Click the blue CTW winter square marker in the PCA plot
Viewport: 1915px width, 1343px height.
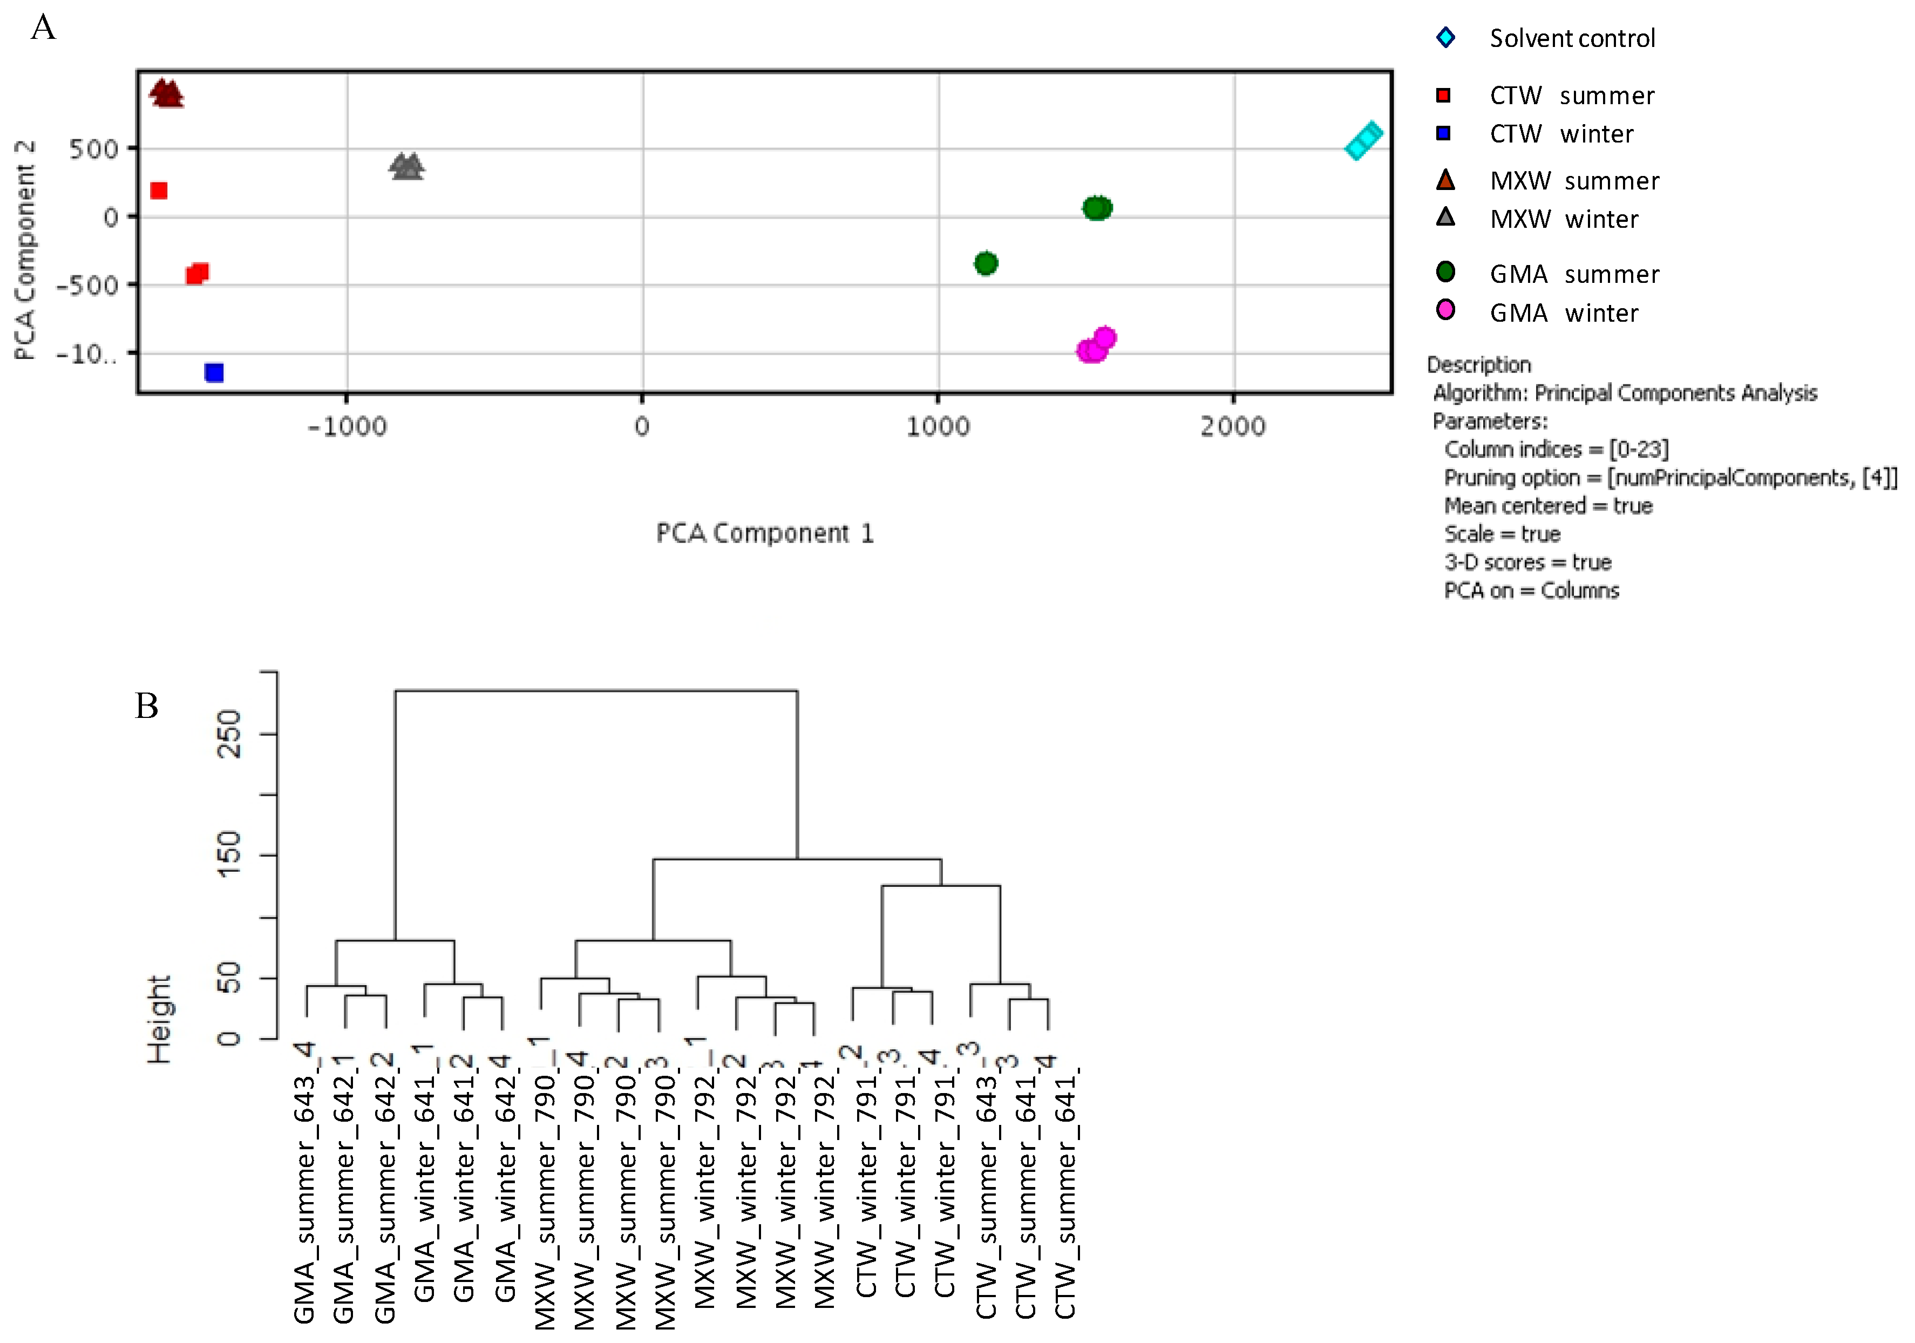click(x=214, y=372)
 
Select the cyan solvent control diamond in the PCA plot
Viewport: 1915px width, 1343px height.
click(x=1364, y=141)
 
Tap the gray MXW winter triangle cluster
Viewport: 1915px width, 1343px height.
click(x=407, y=167)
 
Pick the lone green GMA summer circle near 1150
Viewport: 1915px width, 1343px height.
click(x=986, y=263)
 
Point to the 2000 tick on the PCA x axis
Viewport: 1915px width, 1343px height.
click(x=1233, y=426)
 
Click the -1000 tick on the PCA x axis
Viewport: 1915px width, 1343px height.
click(x=347, y=426)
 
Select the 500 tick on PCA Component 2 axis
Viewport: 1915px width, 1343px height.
click(x=93, y=150)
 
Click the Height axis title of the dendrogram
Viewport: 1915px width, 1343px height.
click(x=159, y=1019)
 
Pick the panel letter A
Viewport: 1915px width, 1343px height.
click(x=43, y=28)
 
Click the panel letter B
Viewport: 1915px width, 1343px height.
click(x=147, y=706)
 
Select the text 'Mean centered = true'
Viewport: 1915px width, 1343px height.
click(x=1548, y=505)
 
